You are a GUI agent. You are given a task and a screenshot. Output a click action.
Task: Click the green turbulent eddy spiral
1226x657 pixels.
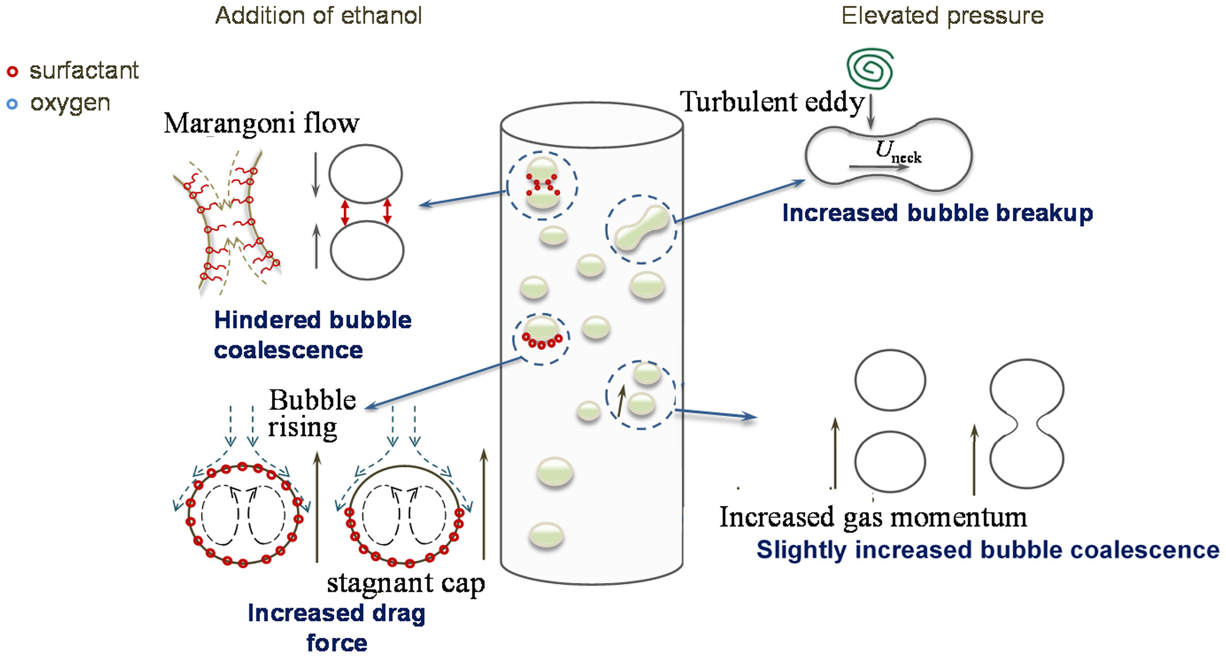(x=871, y=69)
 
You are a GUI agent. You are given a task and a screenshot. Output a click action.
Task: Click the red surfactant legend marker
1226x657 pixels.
(x=12, y=71)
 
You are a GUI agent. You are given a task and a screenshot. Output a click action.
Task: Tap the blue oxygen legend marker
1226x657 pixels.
(x=12, y=104)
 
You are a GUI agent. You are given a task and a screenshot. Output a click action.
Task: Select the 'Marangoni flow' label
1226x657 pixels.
(x=262, y=123)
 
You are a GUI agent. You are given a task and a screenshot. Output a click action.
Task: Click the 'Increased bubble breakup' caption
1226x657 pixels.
(x=937, y=213)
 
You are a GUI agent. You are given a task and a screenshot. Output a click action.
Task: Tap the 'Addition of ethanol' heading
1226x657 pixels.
(x=318, y=16)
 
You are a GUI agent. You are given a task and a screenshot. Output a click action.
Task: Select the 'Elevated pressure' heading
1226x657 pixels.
(x=943, y=16)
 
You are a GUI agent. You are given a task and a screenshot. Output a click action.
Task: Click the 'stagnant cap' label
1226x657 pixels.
(x=406, y=583)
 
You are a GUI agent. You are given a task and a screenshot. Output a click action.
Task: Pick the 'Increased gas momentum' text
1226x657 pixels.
(x=873, y=517)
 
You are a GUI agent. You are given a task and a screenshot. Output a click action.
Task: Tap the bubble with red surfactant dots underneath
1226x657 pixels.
(x=542, y=330)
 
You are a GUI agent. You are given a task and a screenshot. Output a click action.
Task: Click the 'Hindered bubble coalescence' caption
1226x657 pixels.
(x=312, y=335)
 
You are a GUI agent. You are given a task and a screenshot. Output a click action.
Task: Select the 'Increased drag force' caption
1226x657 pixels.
(x=336, y=628)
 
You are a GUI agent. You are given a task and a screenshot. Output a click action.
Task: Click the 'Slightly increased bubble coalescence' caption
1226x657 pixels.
(x=987, y=550)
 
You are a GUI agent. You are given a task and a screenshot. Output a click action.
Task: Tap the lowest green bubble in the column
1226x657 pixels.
(x=546, y=535)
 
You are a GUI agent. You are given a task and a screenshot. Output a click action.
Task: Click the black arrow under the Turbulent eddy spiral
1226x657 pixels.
(x=871, y=112)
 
